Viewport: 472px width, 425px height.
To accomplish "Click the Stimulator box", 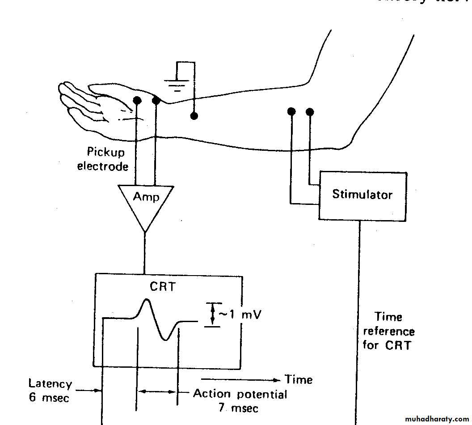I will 362,195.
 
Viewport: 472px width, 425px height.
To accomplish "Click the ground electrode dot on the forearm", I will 194,116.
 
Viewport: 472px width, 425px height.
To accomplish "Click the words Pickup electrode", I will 104,159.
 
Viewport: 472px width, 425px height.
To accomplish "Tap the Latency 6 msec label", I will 50,390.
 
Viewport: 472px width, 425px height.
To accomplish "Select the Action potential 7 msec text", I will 240,400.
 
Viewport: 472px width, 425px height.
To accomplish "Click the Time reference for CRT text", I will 388,331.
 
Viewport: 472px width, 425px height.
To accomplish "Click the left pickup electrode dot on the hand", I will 138,100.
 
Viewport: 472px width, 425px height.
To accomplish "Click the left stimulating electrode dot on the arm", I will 291,111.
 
